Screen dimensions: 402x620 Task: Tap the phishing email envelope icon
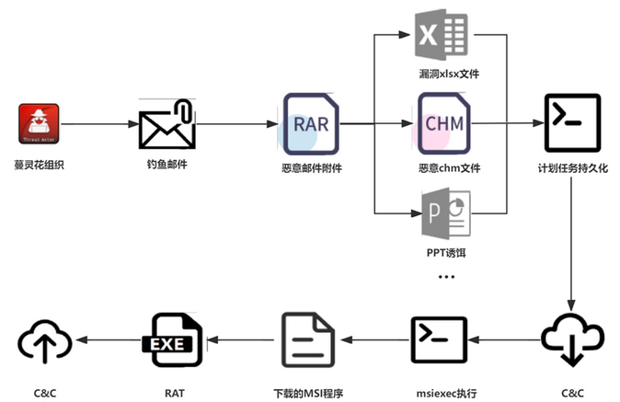(167, 125)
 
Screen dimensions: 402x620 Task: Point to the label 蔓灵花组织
(39, 167)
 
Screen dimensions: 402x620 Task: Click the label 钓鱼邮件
(166, 167)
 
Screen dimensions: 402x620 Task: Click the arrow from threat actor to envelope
(98, 124)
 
